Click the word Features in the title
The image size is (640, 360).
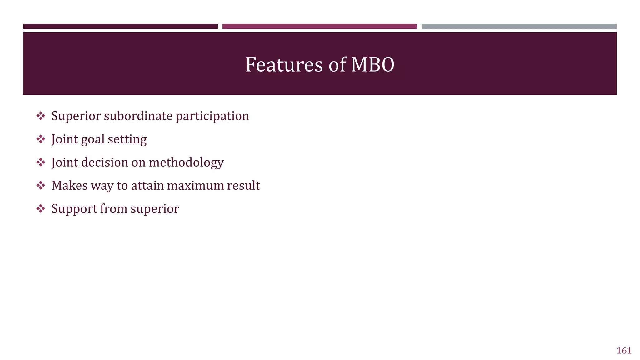coord(284,65)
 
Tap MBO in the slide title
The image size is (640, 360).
coord(372,65)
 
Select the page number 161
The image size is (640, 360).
coord(624,351)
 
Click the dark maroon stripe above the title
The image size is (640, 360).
coord(120,27)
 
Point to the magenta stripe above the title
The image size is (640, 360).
coord(319,27)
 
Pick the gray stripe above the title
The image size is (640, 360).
coord(519,27)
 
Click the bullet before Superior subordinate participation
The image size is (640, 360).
coord(41,116)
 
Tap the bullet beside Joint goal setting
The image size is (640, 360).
coord(41,139)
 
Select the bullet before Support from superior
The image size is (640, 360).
coord(41,208)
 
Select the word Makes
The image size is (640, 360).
coord(69,185)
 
